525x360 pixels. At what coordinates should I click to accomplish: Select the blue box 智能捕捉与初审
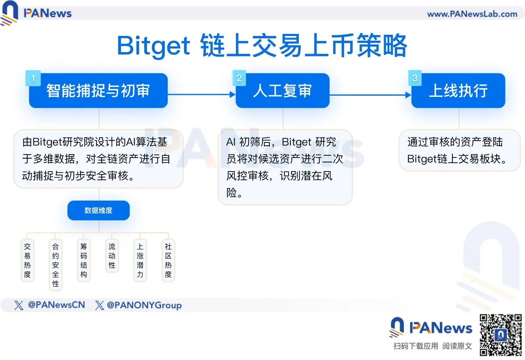[98, 91]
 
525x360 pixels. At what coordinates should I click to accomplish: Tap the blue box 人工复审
[282, 91]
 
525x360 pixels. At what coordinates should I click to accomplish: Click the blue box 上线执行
[458, 91]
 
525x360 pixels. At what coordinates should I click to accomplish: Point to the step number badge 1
[33, 78]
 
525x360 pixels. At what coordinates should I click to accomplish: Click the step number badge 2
[239, 78]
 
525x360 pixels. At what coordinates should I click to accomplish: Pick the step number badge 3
[415, 78]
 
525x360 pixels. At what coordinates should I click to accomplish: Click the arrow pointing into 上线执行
[370, 95]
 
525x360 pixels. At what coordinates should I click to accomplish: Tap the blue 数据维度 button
[99, 210]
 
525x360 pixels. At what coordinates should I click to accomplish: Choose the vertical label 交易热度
[27, 260]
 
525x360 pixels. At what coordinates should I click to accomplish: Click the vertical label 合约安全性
[55, 265]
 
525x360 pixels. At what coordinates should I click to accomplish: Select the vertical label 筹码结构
[84, 260]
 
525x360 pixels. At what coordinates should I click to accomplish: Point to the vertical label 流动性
[112, 256]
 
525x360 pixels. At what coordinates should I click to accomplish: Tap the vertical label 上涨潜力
[140, 260]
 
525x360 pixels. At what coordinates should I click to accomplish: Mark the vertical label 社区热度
[168, 260]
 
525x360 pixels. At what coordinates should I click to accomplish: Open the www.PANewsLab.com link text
[472, 14]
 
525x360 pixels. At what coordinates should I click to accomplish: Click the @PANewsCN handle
[56, 305]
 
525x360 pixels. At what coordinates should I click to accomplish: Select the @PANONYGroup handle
[144, 305]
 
